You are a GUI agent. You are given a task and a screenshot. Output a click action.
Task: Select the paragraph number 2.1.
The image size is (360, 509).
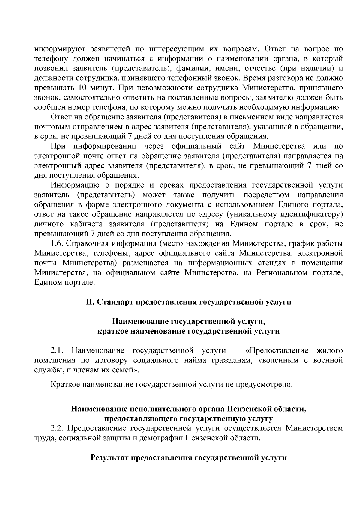(x=57, y=350)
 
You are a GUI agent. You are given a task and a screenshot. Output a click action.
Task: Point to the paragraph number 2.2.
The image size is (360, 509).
(x=57, y=428)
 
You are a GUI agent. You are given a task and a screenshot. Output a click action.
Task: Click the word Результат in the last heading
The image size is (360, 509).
(x=109, y=458)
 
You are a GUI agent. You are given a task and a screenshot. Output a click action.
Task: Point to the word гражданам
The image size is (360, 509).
(x=229, y=360)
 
